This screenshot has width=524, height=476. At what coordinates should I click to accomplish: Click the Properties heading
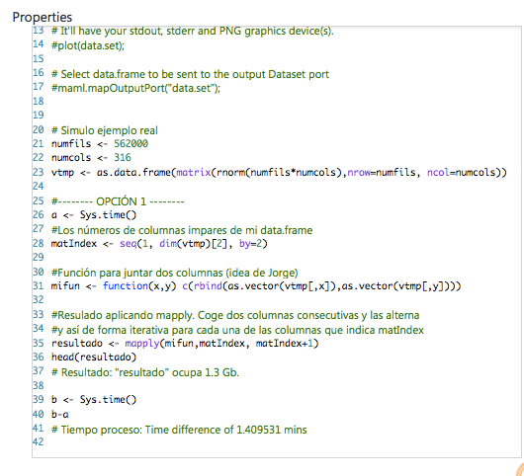click(x=43, y=18)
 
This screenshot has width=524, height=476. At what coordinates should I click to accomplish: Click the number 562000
click(x=131, y=143)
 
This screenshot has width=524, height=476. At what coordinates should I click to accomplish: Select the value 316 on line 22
click(x=123, y=157)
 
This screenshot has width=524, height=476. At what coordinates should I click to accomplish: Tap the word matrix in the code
click(x=194, y=172)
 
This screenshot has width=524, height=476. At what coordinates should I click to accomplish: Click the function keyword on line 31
click(x=125, y=286)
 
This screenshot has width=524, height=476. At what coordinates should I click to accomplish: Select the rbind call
click(x=208, y=286)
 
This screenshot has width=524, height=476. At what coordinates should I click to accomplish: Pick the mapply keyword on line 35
click(x=142, y=344)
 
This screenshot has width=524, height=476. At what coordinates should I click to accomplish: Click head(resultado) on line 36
click(x=94, y=357)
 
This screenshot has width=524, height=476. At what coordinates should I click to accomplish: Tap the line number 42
click(x=39, y=442)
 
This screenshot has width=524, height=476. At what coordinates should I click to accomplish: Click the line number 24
click(x=39, y=186)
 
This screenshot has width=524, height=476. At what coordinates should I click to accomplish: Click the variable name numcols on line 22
click(x=71, y=157)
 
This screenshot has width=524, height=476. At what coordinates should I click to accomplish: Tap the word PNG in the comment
click(x=230, y=31)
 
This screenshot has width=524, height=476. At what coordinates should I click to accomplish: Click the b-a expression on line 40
click(x=60, y=414)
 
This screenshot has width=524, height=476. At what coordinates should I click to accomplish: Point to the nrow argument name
click(x=360, y=172)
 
